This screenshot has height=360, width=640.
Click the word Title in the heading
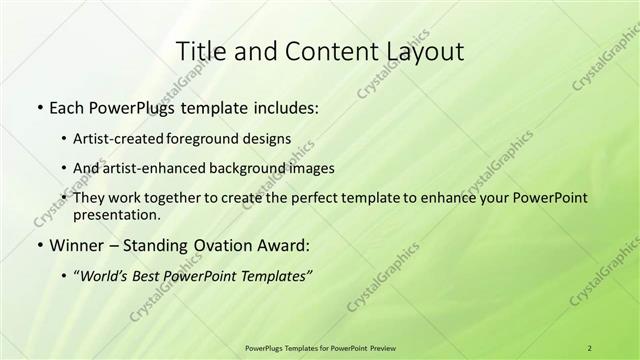200,51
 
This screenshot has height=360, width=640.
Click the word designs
269,138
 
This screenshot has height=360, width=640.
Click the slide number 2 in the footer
590,347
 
